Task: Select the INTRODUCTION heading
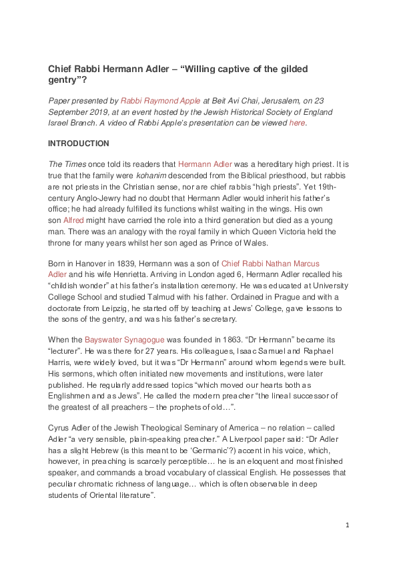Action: pyautogui.click(x=79, y=144)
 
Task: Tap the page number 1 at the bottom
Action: pyautogui.click(x=347, y=525)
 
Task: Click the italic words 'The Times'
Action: pyautogui.click(x=65, y=164)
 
